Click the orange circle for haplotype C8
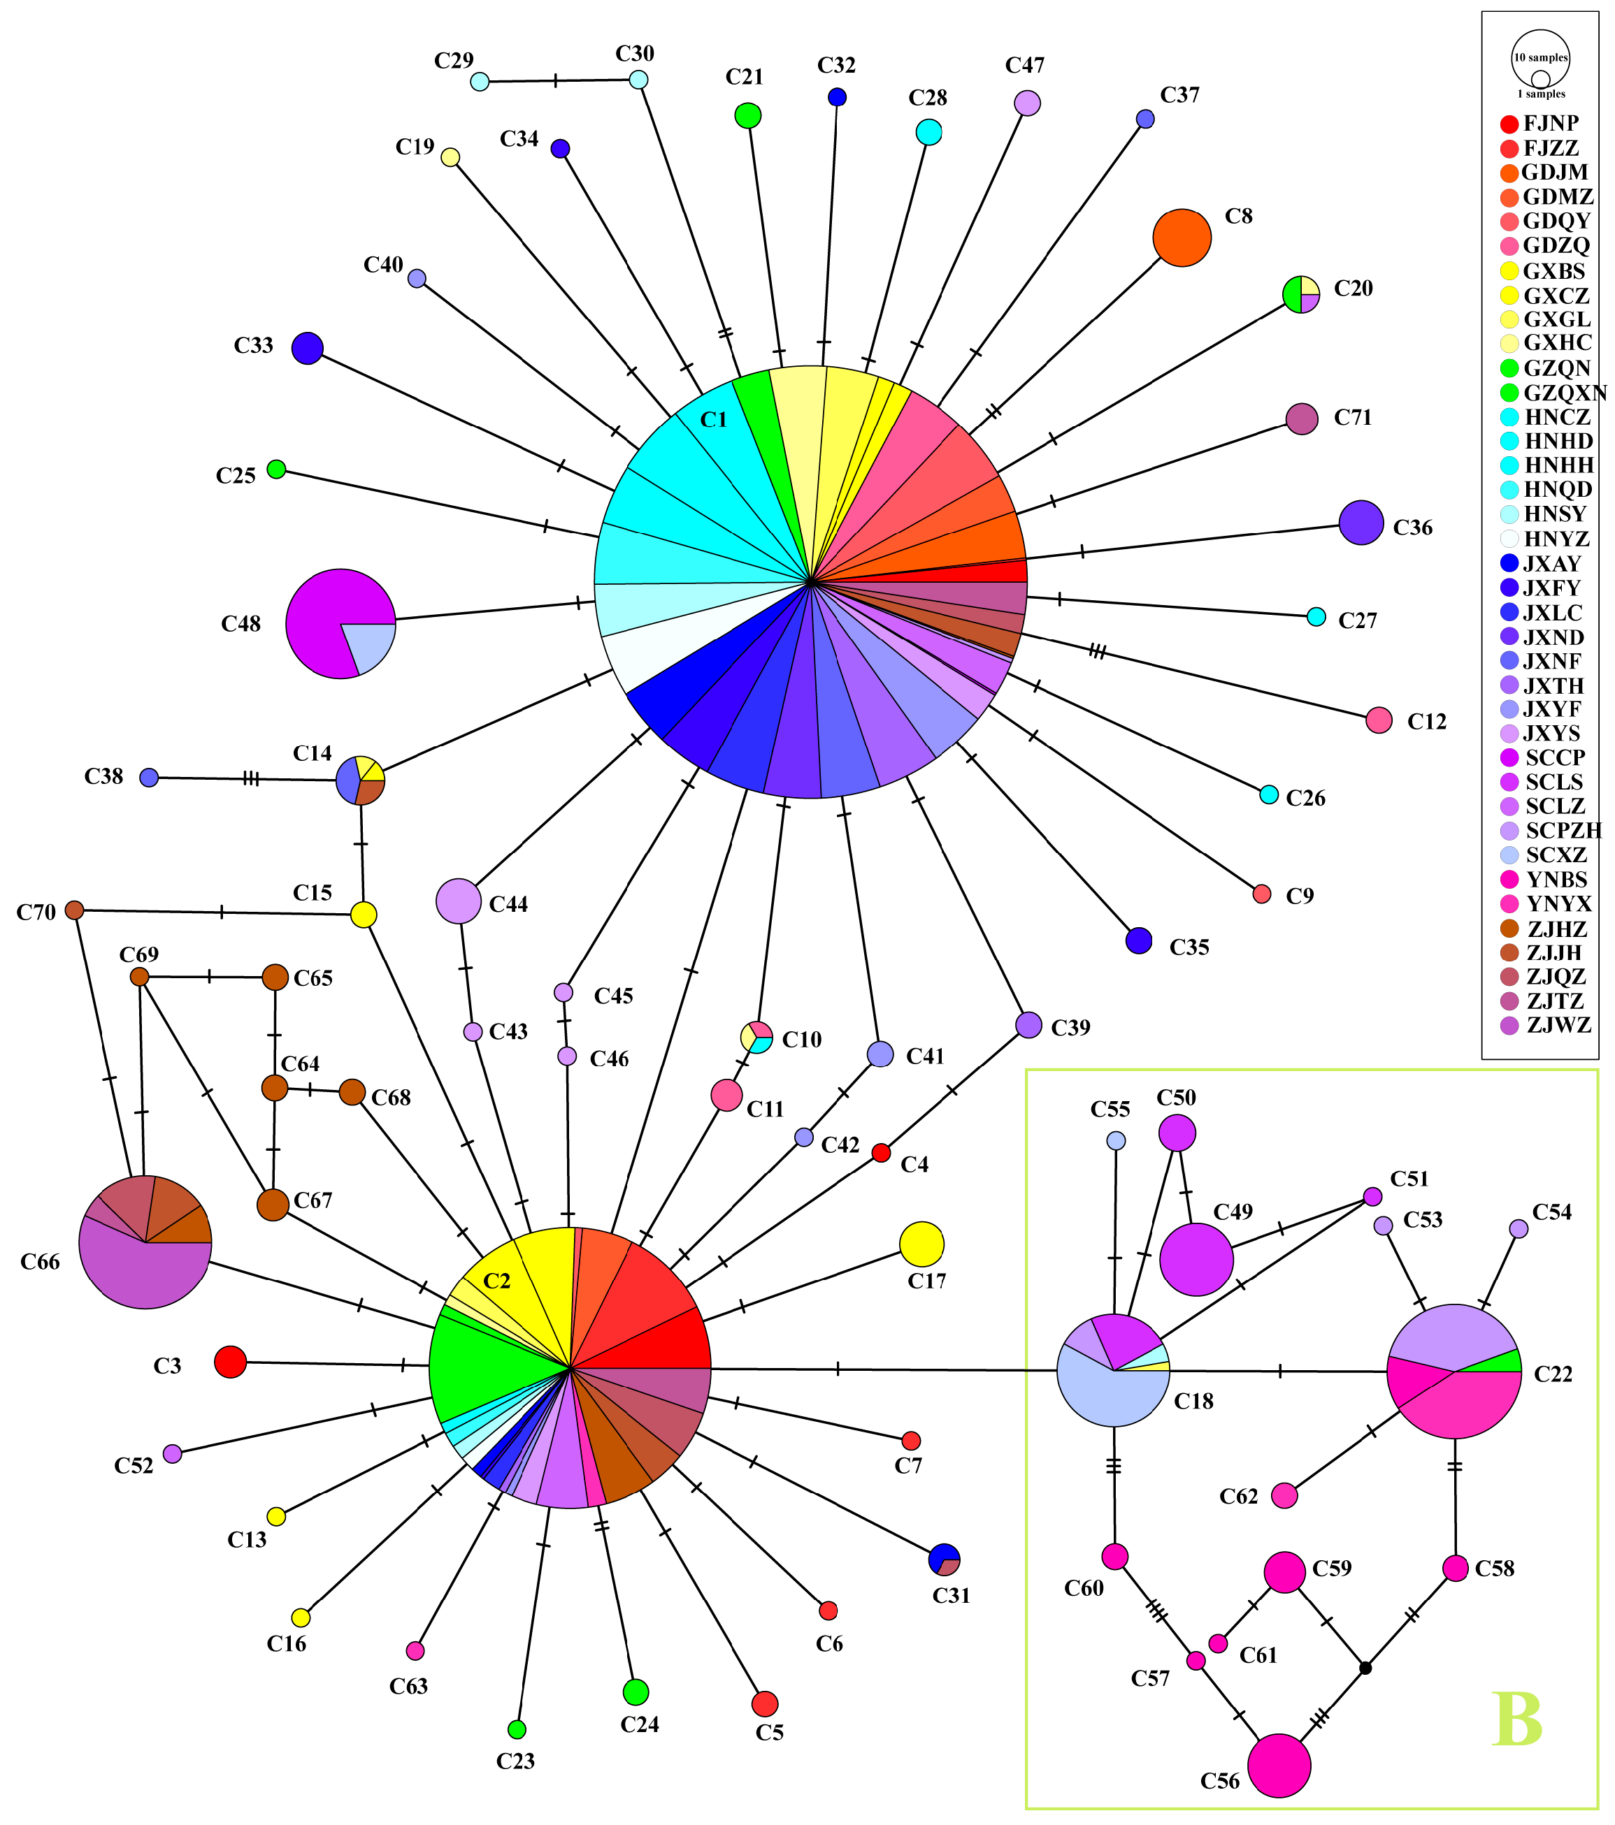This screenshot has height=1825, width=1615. tap(1181, 238)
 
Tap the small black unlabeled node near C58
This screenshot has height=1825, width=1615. tap(1364, 1668)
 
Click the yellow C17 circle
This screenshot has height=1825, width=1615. tap(921, 1244)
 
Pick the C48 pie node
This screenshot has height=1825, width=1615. tap(340, 623)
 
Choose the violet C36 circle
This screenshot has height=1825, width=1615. tap(1361, 523)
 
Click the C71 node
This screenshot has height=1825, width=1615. tap(1302, 418)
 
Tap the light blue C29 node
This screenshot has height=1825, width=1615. tap(480, 81)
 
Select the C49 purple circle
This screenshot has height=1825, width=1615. tap(1196, 1259)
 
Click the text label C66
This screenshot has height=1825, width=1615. tap(40, 1262)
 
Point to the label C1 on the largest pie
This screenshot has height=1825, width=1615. tap(714, 420)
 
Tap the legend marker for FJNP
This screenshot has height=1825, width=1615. tap(1509, 124)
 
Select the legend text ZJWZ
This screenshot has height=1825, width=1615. tap(1559, 1025)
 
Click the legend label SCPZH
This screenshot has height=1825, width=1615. tap(1563, 830)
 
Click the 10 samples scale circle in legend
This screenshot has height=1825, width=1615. tap(1540, 58)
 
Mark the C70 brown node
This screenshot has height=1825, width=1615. tap(74, 910)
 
